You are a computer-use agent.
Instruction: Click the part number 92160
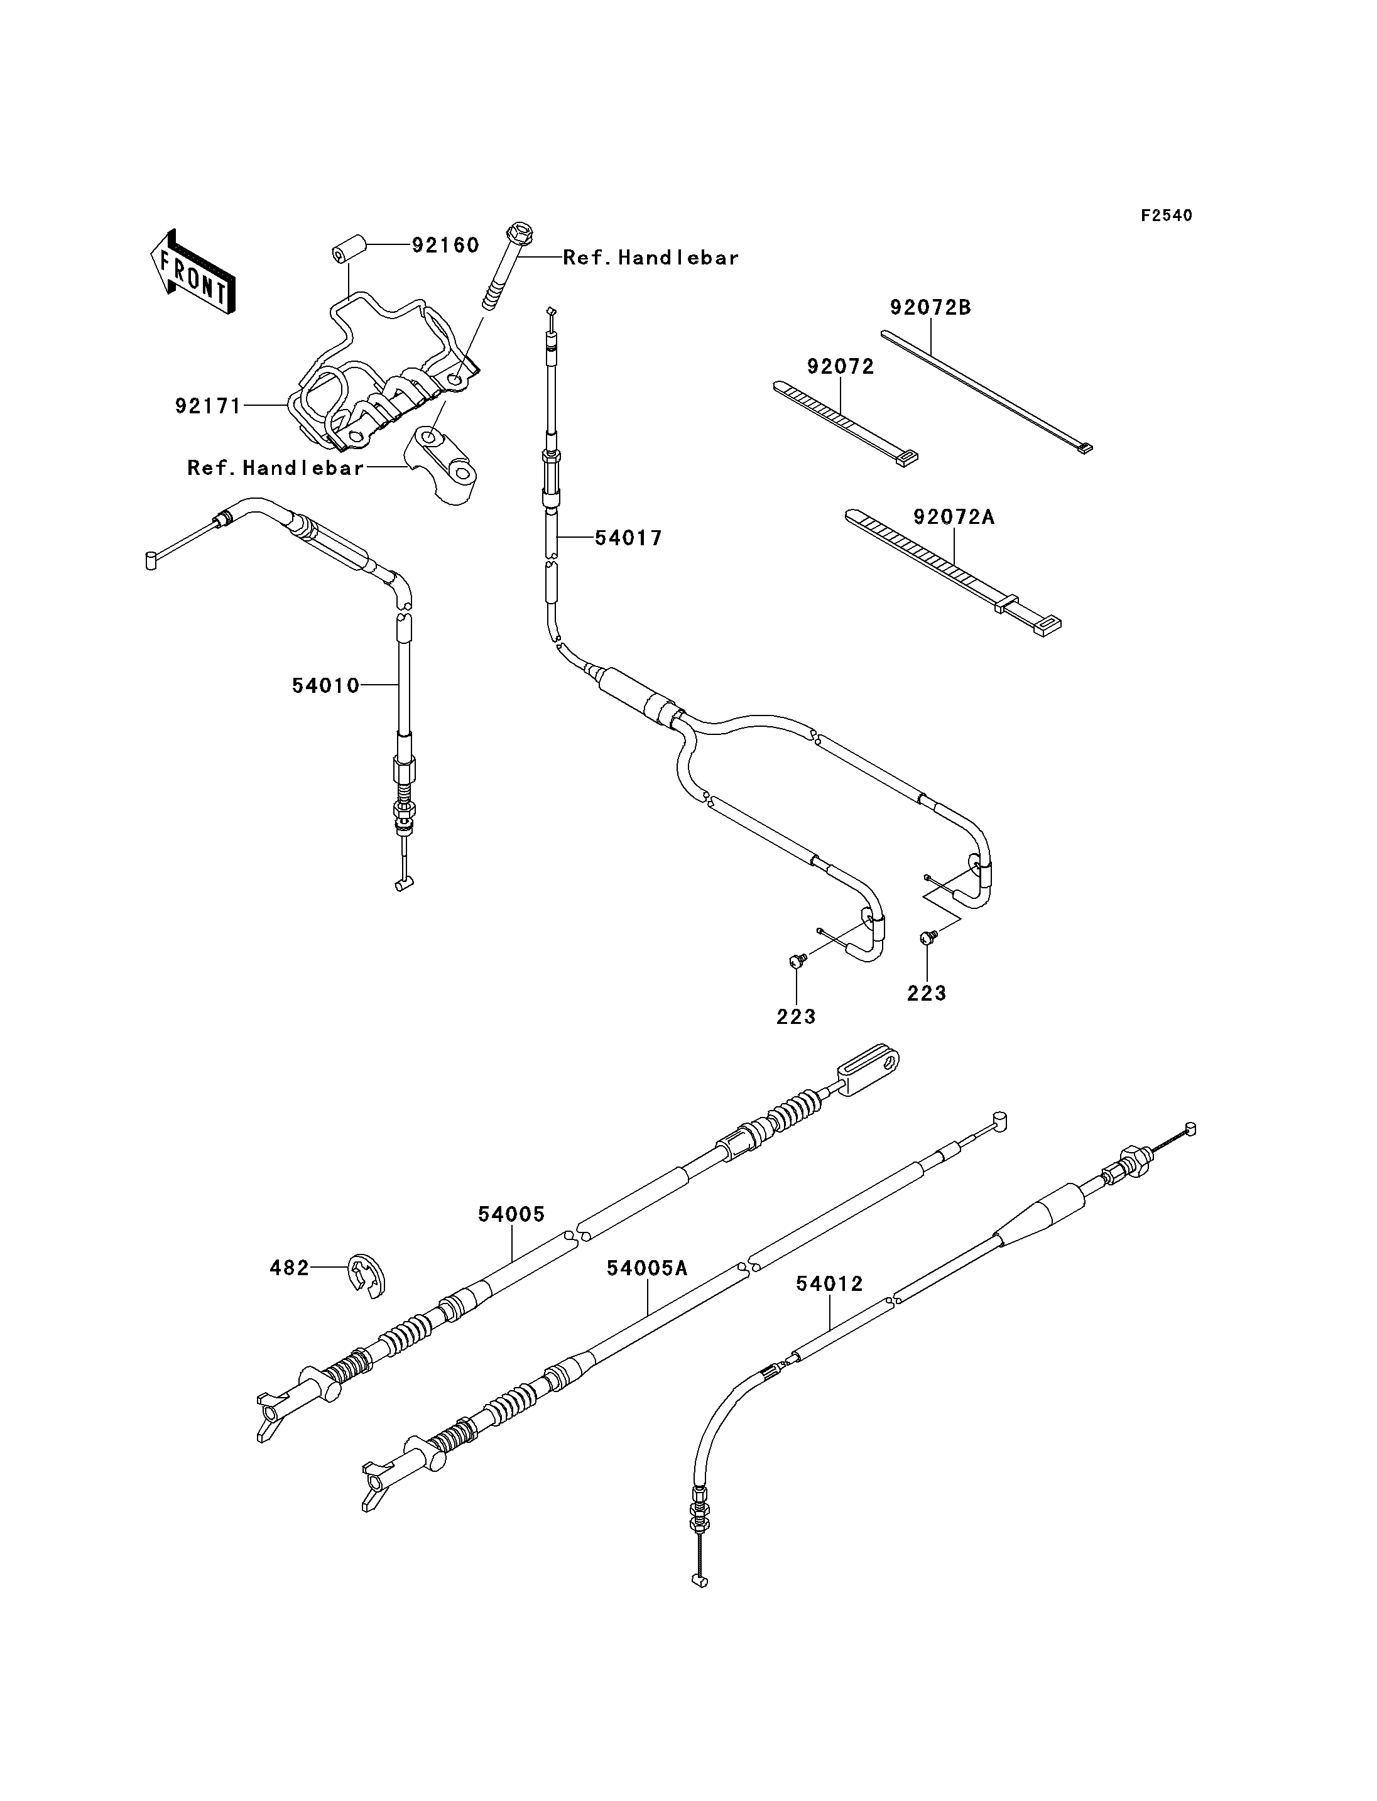click(445, 245)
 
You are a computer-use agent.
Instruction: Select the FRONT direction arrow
click(193, 272)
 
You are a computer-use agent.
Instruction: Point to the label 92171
click(208, 406)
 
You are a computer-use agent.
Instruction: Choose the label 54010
click(325, 685)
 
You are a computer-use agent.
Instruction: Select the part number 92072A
click(954, 517)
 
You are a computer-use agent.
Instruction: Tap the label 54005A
click(646, 1268)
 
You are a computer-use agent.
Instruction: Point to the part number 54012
click(829, 1284)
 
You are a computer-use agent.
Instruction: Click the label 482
click(290, 1268)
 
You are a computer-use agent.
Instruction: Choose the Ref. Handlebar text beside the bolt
click(651, 258)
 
